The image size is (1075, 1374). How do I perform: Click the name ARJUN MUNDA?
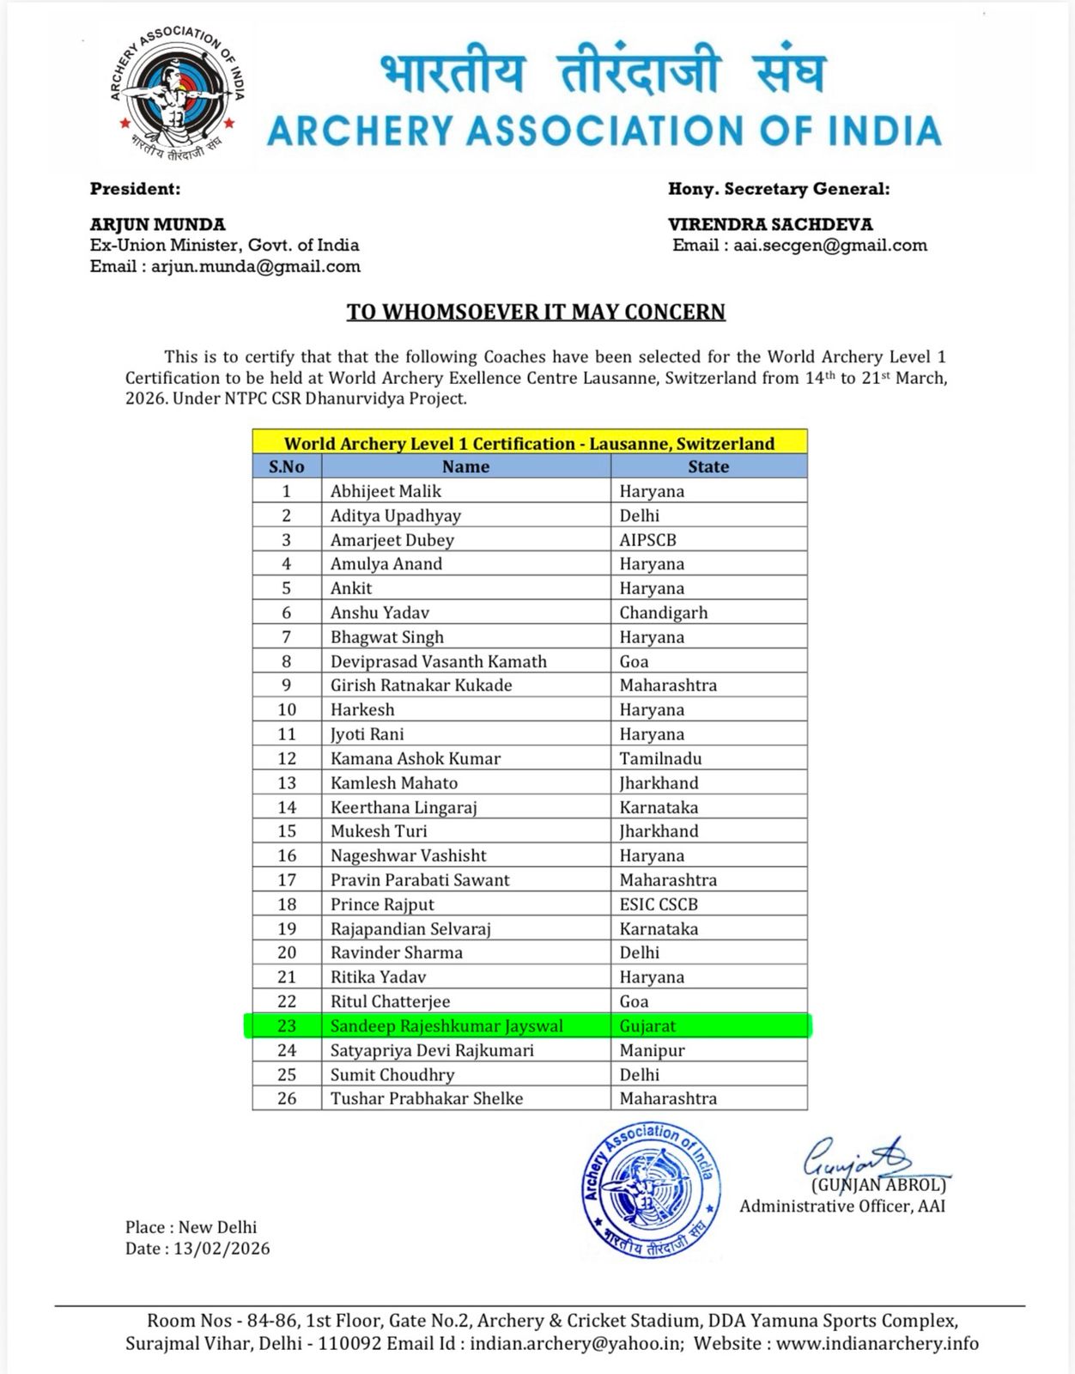(x=158, y=224)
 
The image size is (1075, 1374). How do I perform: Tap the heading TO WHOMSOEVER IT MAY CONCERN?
(x=536, y=311)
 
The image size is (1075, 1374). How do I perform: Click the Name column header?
(x=465, y=466)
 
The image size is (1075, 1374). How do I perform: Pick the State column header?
(x=708, y=466)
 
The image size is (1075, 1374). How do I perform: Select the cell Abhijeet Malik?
(x=386, y=491)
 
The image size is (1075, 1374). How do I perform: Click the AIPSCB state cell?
(x=650, y=540)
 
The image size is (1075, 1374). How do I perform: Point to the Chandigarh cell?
(x=664, y=612)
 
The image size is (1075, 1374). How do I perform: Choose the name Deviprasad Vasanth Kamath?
(x=439, y=661)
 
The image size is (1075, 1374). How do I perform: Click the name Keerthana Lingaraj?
(x=404, y=807)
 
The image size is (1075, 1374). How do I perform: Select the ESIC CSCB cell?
(x=659, y=904)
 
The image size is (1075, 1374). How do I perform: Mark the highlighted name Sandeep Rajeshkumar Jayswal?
(x=446, y=1026)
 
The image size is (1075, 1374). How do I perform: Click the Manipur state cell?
(x=649, y=1050)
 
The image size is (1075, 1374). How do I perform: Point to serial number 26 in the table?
(x=287, y=1098)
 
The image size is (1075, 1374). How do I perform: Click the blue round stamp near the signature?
(x=649, y=1190)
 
